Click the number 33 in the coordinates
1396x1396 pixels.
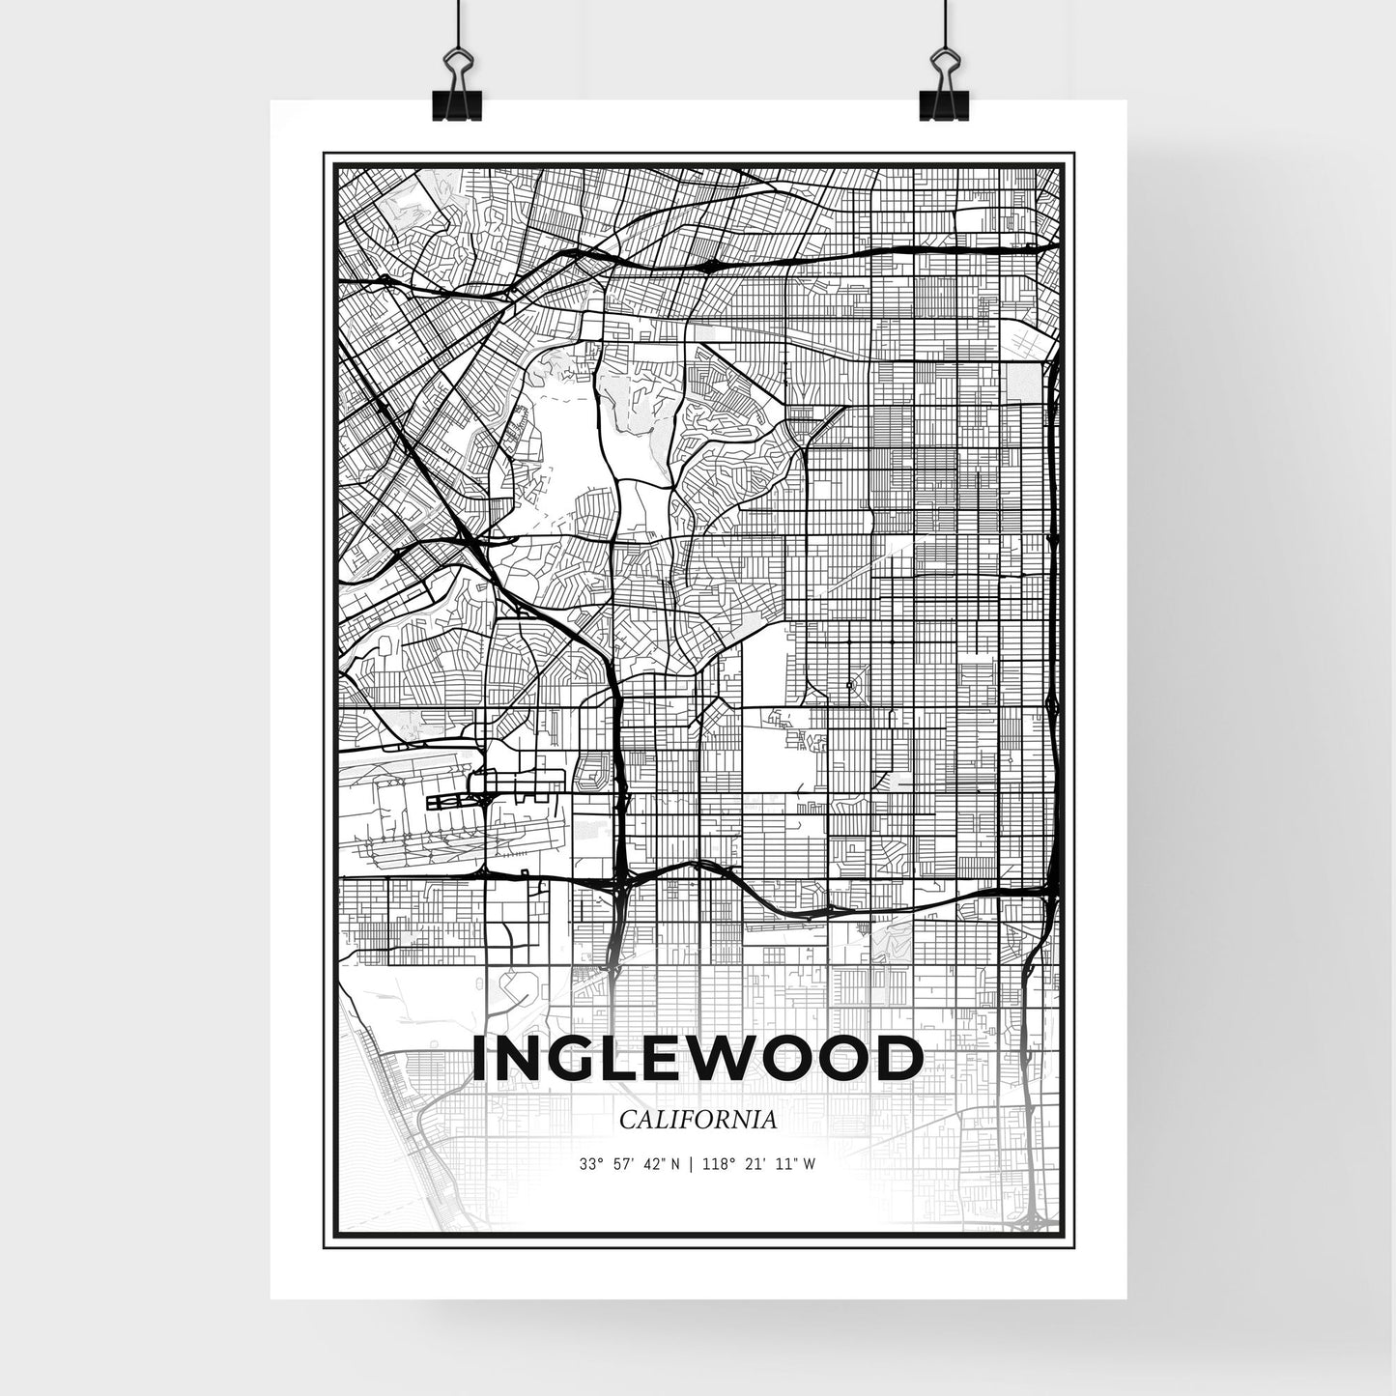(585, 1165)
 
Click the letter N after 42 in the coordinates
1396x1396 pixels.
(675, 1165)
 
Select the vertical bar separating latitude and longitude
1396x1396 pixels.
(689, 1165)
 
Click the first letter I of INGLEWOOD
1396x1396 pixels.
(480, 1059)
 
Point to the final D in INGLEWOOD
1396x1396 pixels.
(900, 1059)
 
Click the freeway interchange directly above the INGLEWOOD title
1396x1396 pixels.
(620, 881)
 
